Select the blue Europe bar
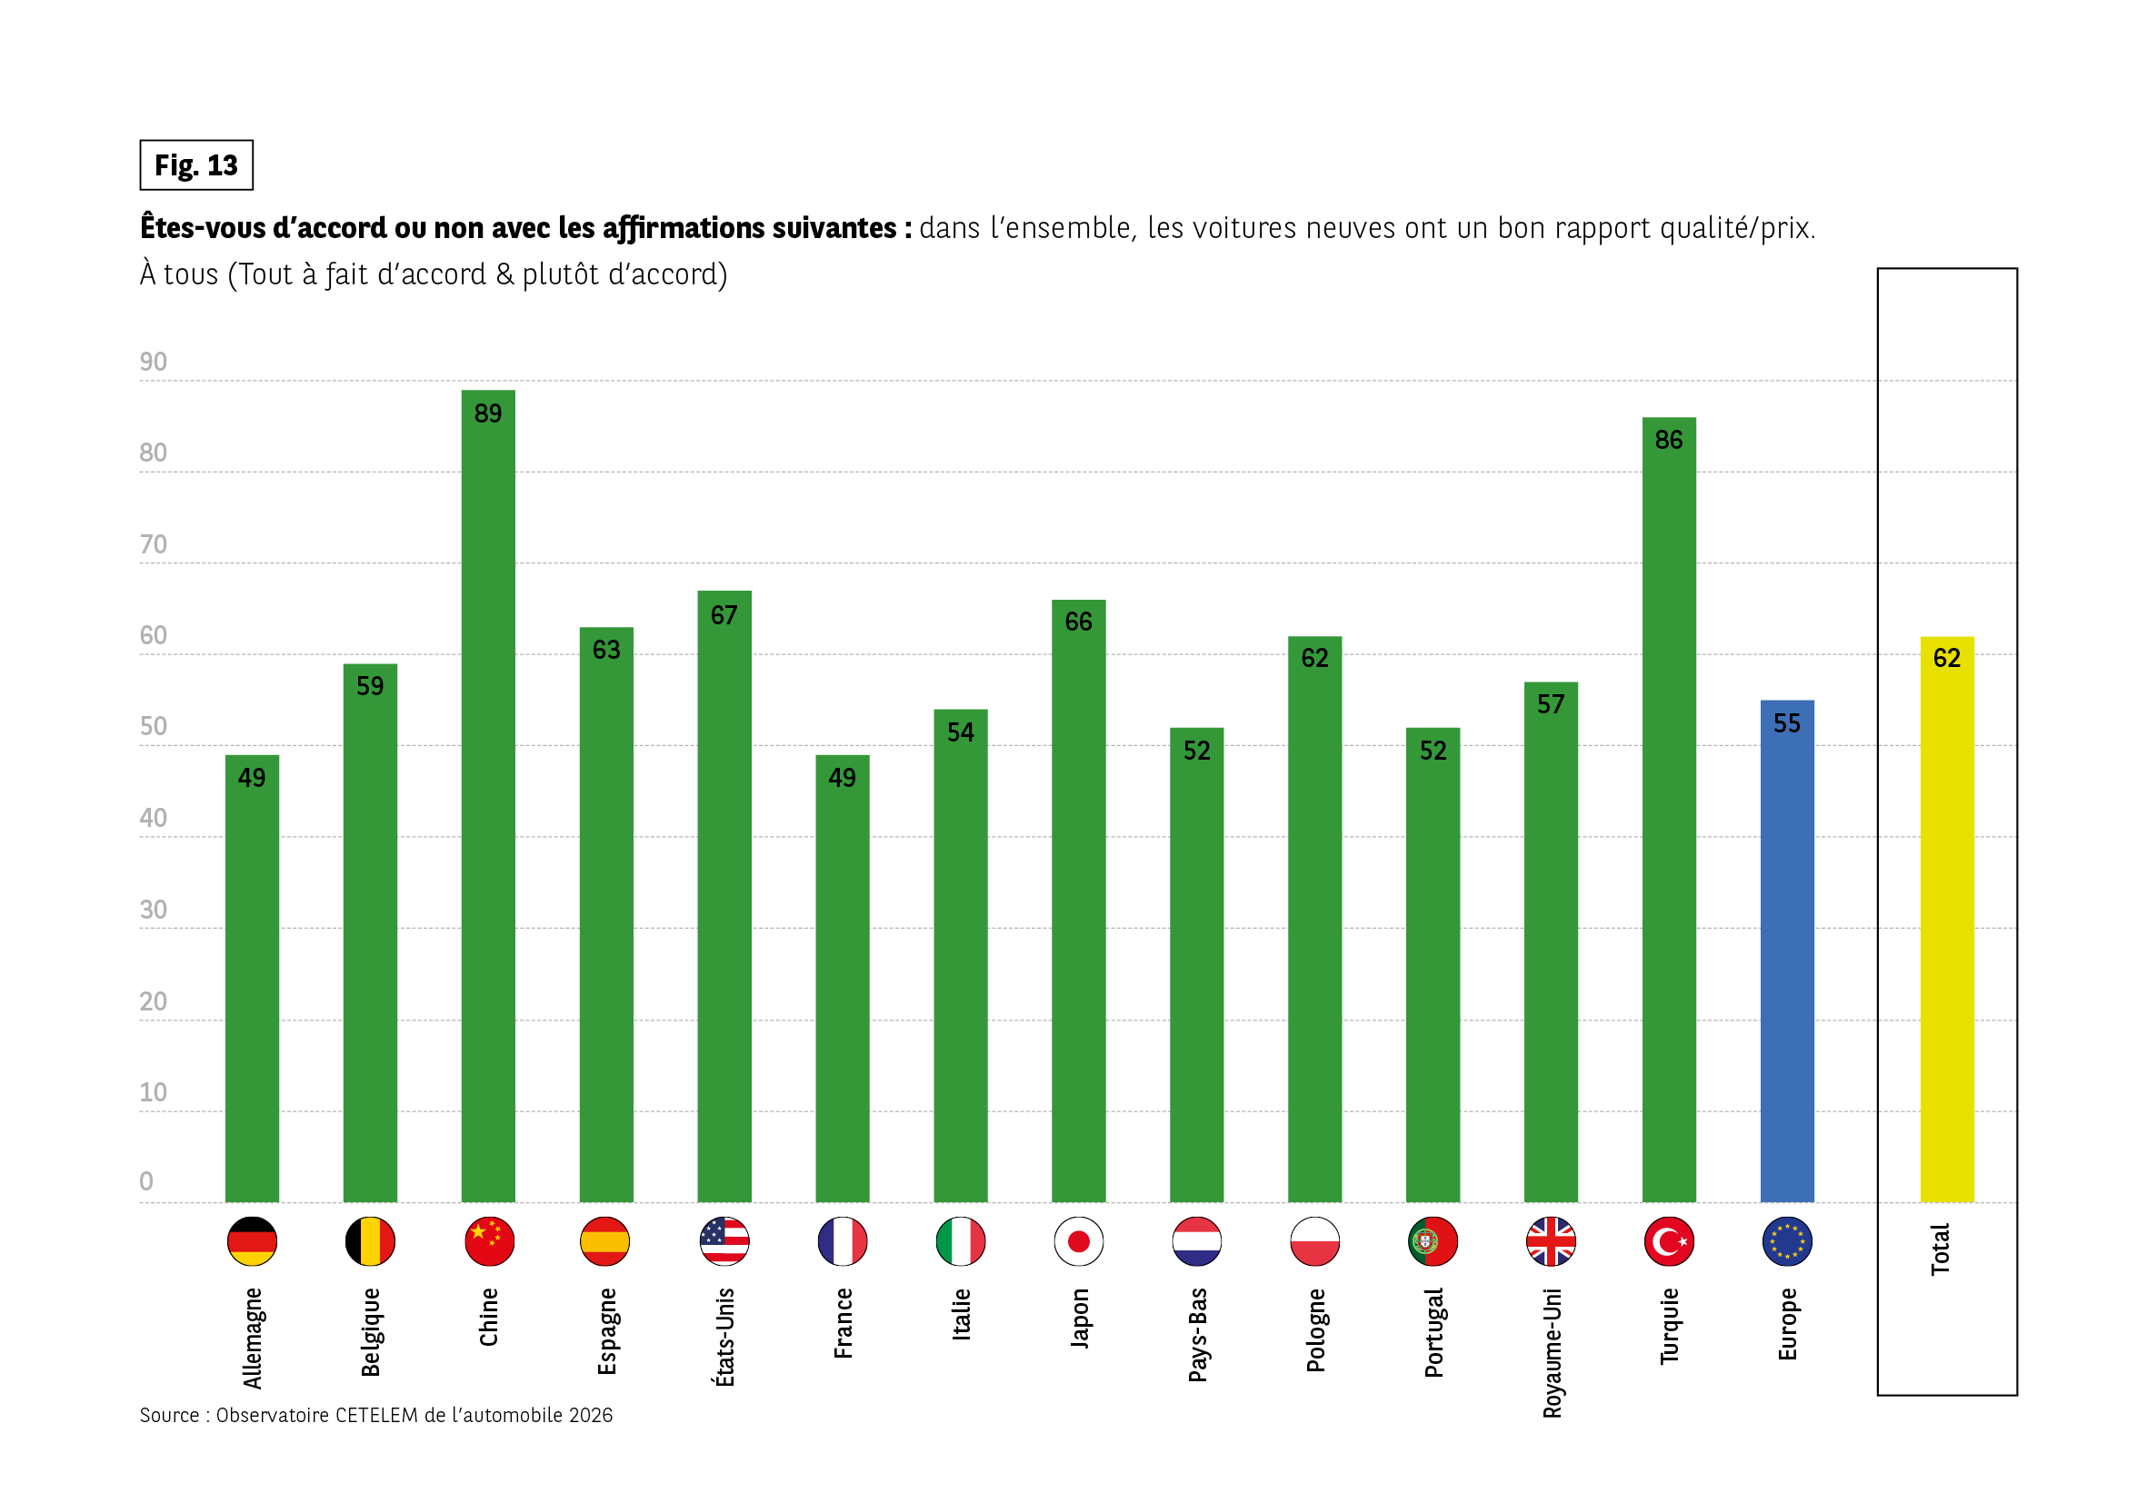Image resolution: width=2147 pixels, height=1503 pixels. click(x=1786, y=953)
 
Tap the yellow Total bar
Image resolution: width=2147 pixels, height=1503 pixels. click(x=1947, y=925)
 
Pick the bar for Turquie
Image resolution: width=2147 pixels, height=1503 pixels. click(x=1668, y=813)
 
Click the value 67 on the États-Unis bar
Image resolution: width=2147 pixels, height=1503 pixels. click(x=724, y=615)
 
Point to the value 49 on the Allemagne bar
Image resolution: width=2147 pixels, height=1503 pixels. click(x=252, y=778)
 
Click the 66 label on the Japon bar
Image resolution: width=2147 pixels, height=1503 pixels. click(x=1078, y=622)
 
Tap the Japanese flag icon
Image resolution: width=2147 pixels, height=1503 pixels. click(x=1078, y=1241)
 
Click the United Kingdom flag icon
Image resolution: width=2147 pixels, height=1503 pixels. click(x=1551, y=1241)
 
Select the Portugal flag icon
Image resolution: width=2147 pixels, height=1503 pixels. click(x=1433, y=1241)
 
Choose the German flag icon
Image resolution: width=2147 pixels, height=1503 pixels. click(x=252, y=1241)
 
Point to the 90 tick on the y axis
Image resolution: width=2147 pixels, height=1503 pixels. click(x=154, y=363)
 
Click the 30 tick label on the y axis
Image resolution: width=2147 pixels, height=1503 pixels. click(x=154, y=910)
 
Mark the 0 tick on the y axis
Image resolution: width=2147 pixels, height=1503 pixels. click(x=145, y=1181)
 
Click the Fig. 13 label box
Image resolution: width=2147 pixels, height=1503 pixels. click(x=196, y=165)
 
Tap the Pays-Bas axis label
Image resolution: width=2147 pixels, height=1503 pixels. click(x=1197, y=1335)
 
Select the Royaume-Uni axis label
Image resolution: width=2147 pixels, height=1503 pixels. click(x=1553, y=1352)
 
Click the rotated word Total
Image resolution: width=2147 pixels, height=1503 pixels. click(x=1941, y=1249)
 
